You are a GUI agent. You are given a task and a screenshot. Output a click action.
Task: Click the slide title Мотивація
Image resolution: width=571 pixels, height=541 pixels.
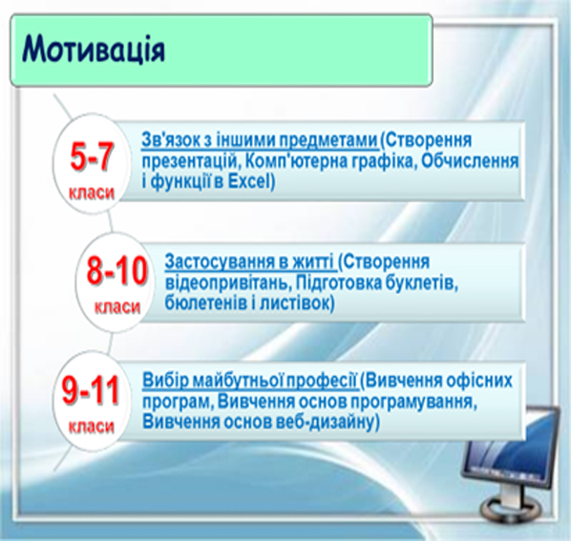pyautogui.click(x=94, y=50)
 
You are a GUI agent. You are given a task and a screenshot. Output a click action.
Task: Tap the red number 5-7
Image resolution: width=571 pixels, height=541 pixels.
pyautogui.click(x=92, y=156)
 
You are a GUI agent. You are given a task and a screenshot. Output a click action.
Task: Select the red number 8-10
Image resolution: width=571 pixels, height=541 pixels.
pyautogui.click(x=116, y=271)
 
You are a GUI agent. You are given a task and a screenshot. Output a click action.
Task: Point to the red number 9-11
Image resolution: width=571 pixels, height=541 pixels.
pyautogui.click(x=91, y=390)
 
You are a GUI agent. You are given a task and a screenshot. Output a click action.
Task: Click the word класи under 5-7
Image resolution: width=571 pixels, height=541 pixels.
pyautogui.click(x=92, y=193)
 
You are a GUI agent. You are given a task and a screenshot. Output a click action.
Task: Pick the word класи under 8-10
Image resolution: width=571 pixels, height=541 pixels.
pyautogui.click(x=117, y=307)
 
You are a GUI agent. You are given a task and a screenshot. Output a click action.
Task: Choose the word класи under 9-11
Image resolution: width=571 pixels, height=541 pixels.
pyautogui.click(x=92, y=427)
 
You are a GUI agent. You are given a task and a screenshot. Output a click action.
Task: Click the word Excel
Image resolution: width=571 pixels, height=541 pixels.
pyautogui.click(x=249, y=181)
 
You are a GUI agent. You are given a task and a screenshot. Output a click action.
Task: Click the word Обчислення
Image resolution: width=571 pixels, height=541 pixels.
pyautogui.click(x=470, y=161)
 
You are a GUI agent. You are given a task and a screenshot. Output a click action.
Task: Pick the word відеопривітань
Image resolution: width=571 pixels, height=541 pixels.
pyautogui.click(x=226, y=283)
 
